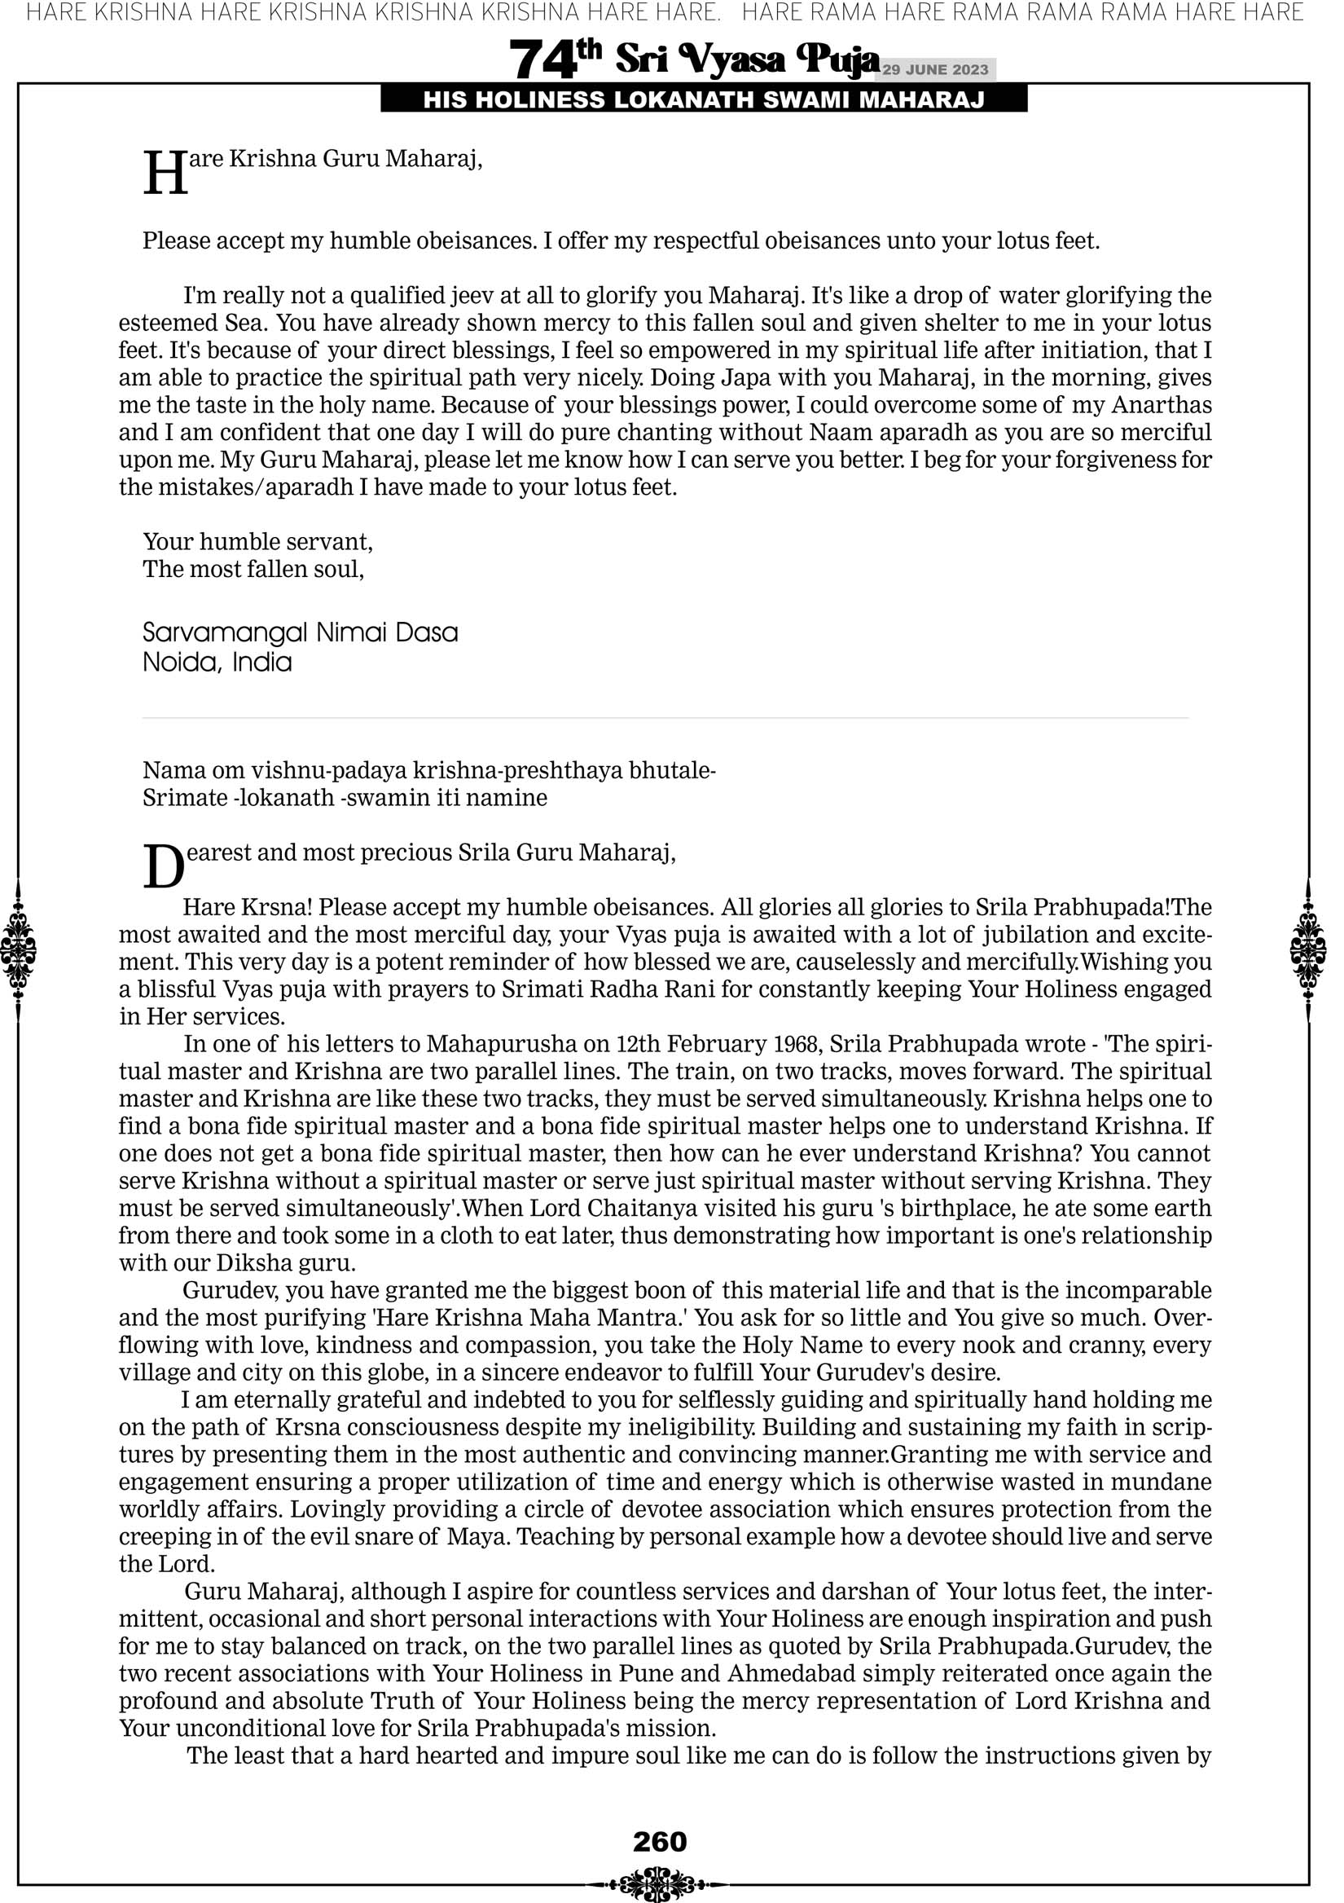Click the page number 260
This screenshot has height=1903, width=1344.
pyautogui.click(x=660, y=1841)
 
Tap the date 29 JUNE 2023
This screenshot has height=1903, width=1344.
pyautogui.click(x=935, y=69)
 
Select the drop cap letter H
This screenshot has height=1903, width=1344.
pyautogui.click(x=165, y=174)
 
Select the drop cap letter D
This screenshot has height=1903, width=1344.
pyautogui.click(x=163, y=867)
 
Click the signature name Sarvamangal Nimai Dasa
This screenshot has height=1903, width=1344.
pyautogui.click(x=300, y=632)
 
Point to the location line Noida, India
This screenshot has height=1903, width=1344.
pyautogui.click(x=217, y=663)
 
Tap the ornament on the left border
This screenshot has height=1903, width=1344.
pyautogui.click(x=18, y=949)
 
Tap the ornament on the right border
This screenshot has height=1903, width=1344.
pyautogui.click(x=1308, y=949)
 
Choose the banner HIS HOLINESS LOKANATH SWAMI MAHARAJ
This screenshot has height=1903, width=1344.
pyautogui.click(x=704, y=99)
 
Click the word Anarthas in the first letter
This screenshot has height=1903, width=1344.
pyautogui.click(x=1161, y=405)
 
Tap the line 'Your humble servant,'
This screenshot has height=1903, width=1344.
pyautogui.click(x=257, y=541)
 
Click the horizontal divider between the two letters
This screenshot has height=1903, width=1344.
pyautogui.click(x=665, y=718)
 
